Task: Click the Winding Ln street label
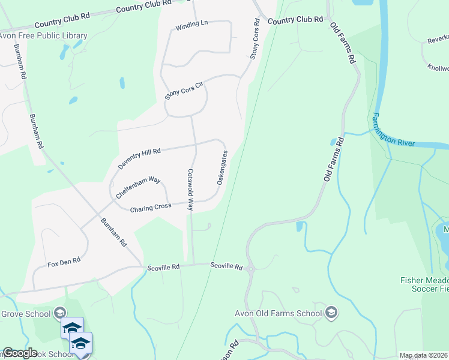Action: (x=191, y=27)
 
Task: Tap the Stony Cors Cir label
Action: (x=185, y=91)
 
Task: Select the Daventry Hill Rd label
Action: (x=140, y=159)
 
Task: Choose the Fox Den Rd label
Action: (x=64, y=262)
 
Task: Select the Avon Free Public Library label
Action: (x=43, y=36)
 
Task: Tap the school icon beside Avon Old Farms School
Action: (x=331, y=312)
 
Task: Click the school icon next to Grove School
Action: (x=59, y=313)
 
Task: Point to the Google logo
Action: (x=20, y=353)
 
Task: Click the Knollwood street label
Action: (x=438, y=68)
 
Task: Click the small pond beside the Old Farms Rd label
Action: (x=333, y=143)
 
